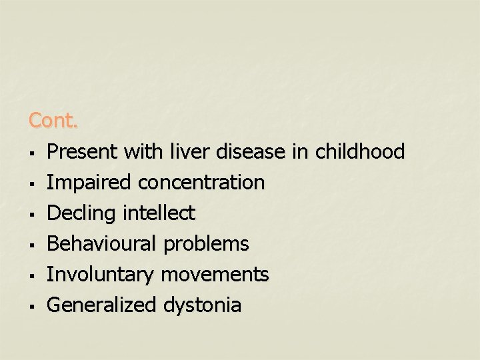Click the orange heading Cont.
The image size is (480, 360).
(53, 121)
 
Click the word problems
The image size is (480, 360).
(206, 244)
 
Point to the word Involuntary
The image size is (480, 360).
(99, 275)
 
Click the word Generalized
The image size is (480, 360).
(101, 305)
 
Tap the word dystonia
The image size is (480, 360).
(202, 305)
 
